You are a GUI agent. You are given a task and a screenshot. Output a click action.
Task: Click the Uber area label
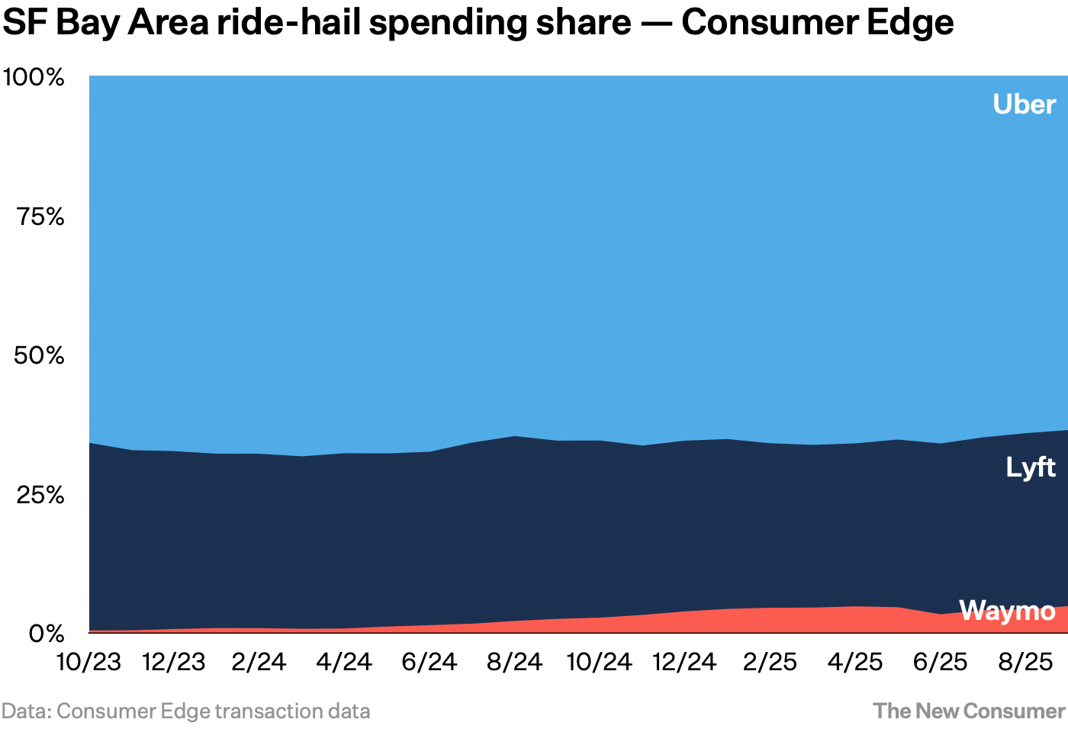coord(1024,104)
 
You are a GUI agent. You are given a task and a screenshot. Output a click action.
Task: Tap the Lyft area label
coord(1030,467)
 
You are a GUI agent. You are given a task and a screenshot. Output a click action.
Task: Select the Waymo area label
coord(1007,611)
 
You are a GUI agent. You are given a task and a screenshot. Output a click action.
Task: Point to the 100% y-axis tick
coord(34,77)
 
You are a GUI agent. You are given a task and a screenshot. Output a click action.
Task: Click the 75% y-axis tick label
coord(40,217)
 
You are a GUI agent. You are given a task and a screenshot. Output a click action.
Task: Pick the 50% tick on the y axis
coord(40,355)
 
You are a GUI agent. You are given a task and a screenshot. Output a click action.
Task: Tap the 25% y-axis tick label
coord(40,495)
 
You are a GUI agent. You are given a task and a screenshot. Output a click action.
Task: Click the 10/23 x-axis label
coord(89,662)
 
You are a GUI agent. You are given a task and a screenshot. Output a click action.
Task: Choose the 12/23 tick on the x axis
coord(174,662)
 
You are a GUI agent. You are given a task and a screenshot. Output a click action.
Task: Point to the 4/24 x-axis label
coord(344,662)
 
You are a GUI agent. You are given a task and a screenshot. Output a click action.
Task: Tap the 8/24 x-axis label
coord(514,662)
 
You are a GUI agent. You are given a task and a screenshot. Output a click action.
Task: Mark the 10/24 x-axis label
coord(600,662)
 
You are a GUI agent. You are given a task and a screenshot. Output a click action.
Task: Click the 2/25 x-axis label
coord(770,662)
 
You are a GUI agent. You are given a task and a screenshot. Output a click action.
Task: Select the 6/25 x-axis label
coord(940,662)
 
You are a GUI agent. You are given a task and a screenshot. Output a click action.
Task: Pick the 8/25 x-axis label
coord(1025,662)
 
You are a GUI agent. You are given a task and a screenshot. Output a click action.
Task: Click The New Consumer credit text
coord(969,711)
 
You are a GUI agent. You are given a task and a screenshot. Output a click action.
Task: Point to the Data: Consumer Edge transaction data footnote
coord(185,711)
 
